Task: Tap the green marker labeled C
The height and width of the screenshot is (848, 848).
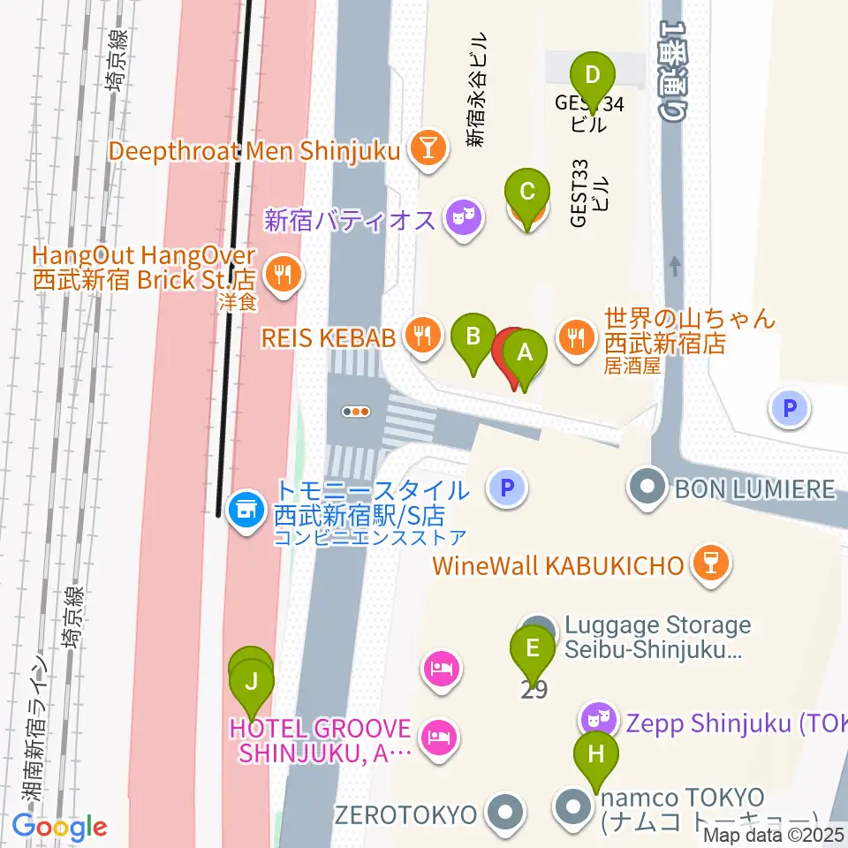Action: pos(527,192)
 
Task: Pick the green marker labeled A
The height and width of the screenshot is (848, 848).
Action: pos(525,353)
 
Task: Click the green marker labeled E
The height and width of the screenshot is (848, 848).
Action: pos(533,649)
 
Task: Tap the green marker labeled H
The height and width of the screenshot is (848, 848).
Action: pos(596,755)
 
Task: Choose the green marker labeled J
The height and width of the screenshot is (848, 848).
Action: pos(252,682)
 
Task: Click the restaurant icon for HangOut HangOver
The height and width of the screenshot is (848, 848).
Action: pos(282,277)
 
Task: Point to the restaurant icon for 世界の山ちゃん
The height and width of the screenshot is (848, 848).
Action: pos(577,337)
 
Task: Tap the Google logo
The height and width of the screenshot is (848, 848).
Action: pos(59,828)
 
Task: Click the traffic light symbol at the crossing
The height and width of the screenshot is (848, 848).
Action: pos(356,411)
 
